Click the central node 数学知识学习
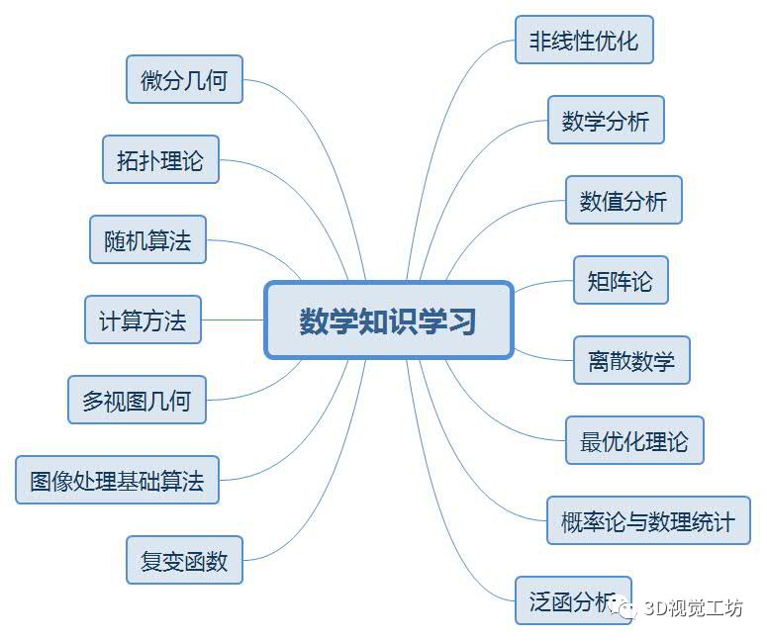[388, 320]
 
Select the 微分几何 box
[184, 80]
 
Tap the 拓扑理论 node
[160, 160]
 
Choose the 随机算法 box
[147, 239]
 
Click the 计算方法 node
[143, 320]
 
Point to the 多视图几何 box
[137, 401]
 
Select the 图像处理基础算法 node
[117, 481]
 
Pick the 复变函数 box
[184, 561]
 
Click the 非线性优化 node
[584, 41]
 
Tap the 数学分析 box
[606, 121]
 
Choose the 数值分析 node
[623, 201]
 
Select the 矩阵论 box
[621, 281]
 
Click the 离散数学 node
[631, 361]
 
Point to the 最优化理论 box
[634, 441]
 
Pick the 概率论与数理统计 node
[648, 521]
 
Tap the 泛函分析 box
[572, 600]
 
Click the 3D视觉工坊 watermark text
[693, 608]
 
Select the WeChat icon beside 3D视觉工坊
[625, 609]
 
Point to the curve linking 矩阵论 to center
[544, 284]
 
